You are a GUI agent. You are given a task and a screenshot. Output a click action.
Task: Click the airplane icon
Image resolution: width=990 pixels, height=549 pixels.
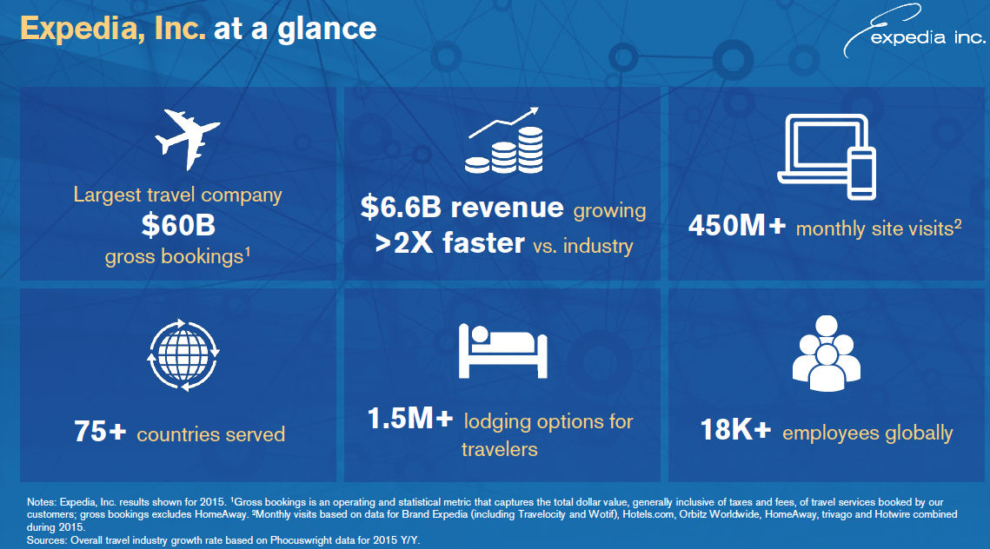coord(188,140)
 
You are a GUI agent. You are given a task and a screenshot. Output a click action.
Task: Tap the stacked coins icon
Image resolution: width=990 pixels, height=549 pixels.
coord(504,141)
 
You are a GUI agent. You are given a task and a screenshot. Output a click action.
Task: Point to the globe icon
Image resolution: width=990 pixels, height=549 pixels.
coord(183,354)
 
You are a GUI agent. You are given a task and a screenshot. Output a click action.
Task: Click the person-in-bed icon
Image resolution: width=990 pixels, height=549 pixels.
coord(502,351)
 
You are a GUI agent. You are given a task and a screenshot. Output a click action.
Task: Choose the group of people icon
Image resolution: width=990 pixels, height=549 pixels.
coord(826,353)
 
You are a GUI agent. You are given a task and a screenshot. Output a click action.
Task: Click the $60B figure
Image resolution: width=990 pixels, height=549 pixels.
coord(178,225)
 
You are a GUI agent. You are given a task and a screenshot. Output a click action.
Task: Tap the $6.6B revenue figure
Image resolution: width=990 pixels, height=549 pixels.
coord(462,207)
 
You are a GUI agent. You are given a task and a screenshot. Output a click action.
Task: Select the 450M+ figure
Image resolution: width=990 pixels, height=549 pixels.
coord(737,226)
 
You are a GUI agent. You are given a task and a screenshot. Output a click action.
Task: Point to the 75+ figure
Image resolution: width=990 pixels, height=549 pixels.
coord(100,432)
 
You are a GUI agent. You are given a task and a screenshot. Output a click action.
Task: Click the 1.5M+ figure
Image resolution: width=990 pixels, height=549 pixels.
coord(410,419)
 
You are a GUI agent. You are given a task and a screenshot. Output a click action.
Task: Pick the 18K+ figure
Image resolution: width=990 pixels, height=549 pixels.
coord(735,430)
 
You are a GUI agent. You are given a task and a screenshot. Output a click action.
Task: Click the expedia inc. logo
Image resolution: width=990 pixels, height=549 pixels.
coord(914,31)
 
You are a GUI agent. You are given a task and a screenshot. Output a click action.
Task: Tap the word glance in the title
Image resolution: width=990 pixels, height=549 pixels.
coord(327,29)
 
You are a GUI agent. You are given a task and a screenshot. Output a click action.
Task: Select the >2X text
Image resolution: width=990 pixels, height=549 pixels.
coord(404,243)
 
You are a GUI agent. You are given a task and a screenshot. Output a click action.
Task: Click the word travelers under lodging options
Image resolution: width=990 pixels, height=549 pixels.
coord(500,449)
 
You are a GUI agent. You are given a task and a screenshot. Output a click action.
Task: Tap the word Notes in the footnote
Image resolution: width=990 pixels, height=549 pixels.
coord(41,502)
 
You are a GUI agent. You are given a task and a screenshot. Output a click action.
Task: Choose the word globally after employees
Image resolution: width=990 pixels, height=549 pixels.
coord(920,433)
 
